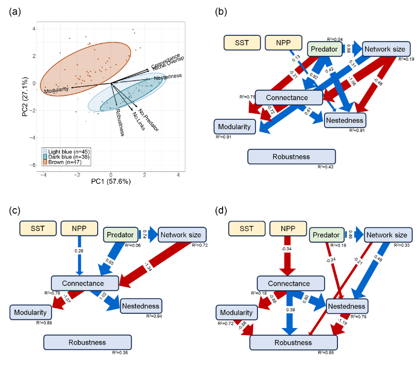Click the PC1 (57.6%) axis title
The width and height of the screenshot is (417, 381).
[111, 182]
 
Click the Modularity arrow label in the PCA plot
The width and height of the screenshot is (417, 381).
[56, 90]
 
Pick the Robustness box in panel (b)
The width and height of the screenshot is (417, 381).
[292, 157]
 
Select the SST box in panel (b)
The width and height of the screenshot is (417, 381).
[242, 43]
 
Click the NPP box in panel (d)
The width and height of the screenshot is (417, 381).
[287, 228]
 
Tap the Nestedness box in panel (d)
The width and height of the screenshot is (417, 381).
[346, 306]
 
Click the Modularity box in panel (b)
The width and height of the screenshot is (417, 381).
[234, 126]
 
